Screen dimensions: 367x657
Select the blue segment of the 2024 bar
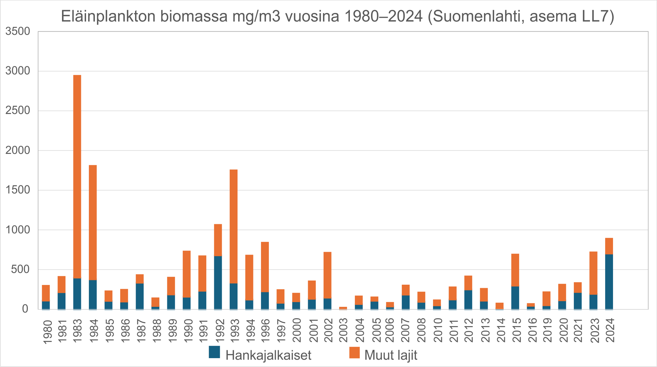(x=609, y=282)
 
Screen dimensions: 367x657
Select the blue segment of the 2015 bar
(x=515, y=298)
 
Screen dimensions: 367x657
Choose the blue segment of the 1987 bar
(x=140, y=296)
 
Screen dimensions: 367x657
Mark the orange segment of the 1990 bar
(x=187, y=274)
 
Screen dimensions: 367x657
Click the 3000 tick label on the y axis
(x=18, y=71)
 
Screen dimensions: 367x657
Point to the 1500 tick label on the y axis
(x=18, y=190)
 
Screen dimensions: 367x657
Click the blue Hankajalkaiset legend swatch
(x=214, y=352)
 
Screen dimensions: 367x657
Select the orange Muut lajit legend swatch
(x=354, y=352)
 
